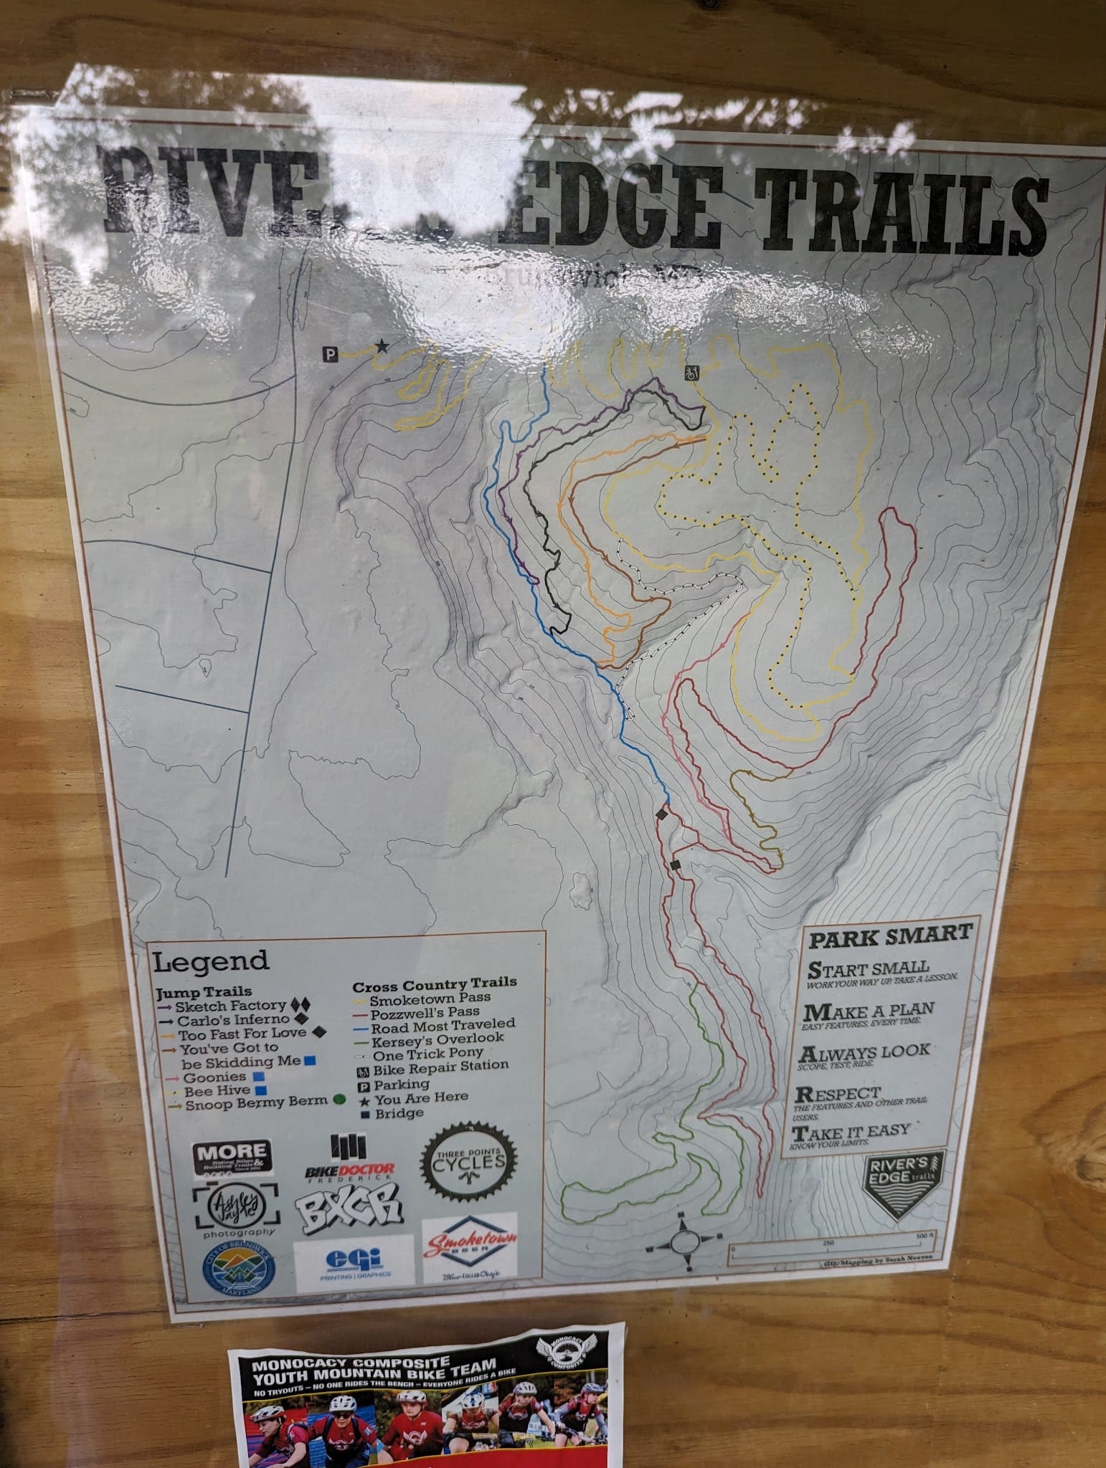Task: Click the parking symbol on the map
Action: [x=330, y=353]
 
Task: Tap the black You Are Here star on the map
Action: [x=381, y=347]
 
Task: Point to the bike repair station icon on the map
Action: [x=692, y=373]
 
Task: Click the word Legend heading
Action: [x=212, y=960]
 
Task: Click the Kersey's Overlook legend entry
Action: [x=437, y=1038]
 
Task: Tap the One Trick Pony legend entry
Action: [x=427, y=1054]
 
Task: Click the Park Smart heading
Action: [x=890, y=935]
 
